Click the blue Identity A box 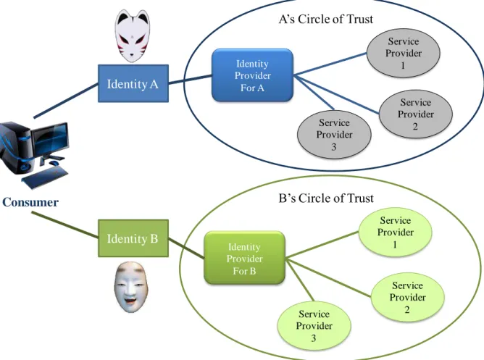click(133, 83)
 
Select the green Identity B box click(133, 238)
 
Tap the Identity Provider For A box click(252, 75)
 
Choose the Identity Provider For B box click(244, 258)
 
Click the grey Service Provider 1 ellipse click(403, 53)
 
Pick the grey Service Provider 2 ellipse click(415, 114)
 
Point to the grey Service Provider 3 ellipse click(334, 135)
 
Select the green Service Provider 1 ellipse click(395, 232)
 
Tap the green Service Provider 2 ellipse click(407, 297)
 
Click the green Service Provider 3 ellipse click(314, 325)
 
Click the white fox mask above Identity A click(133, 36)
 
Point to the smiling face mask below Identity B click(131, 287)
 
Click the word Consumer click(30, 202)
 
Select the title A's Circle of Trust click(326, 19)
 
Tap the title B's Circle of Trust click(326, 198)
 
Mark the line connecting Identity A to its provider click(190, 79)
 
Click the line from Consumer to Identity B click(65, 225)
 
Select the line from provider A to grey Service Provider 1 click(330, 64)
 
